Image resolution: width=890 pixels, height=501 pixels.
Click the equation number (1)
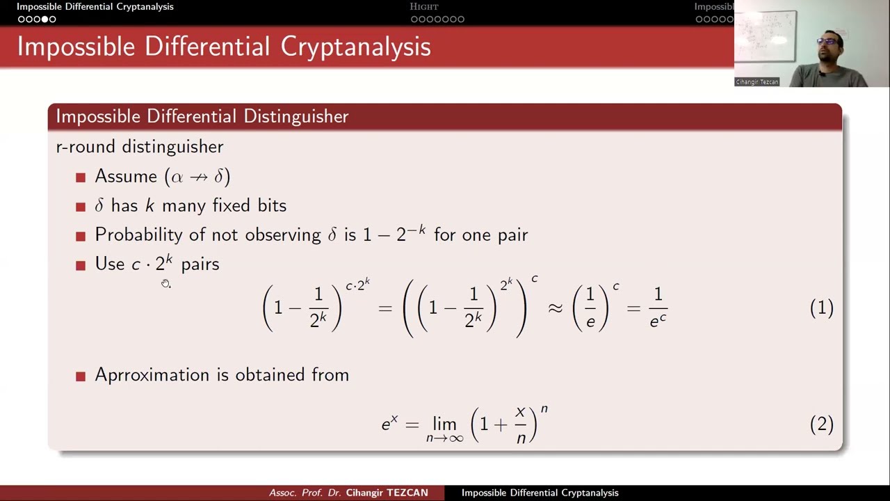[821, 308]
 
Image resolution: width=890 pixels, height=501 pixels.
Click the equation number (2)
[821, 424]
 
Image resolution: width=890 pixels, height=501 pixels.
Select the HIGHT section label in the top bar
[424, 7]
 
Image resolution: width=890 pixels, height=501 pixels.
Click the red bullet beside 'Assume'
[81, 177]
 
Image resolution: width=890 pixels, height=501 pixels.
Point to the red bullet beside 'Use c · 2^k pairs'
[81, 265]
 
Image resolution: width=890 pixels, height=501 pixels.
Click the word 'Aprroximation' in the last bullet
[152, 375]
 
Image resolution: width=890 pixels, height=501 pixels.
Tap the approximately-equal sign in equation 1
[555, 308]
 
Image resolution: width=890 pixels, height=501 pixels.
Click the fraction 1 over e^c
[658, 308]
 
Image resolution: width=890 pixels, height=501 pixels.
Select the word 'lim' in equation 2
[444, 424]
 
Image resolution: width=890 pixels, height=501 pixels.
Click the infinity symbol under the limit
[455, 438]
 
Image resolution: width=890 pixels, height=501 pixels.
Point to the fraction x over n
[521, 424]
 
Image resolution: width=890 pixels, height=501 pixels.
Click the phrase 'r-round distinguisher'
[140, 147]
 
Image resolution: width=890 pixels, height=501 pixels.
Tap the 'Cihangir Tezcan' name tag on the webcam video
[757, 82]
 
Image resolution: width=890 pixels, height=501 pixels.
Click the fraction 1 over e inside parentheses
[590, 308]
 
